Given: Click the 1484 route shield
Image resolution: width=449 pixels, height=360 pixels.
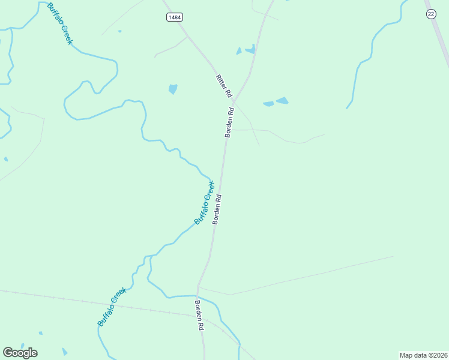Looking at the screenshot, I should [x=174, y=17].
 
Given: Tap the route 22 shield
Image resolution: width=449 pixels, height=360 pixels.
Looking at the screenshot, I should [x=431, y=14].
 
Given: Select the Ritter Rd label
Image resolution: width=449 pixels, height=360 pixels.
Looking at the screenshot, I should [x=223, y=86].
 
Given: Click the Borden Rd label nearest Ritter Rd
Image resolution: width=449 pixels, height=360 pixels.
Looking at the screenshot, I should [x=229, y=122].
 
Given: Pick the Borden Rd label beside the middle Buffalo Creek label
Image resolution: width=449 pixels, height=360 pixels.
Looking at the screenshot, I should [x=218, y=209].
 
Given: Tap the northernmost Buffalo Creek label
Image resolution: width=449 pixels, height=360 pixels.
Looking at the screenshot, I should [x=59, y=23].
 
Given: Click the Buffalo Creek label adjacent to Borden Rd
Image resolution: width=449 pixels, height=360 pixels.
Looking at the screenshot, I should [x=204, y=203].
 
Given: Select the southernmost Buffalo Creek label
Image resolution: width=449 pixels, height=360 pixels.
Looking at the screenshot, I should [x=112, y=307].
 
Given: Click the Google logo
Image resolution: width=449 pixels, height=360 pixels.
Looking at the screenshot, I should [x=20, y=353].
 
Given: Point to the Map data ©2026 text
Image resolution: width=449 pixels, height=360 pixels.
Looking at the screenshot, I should [x=423, y=355].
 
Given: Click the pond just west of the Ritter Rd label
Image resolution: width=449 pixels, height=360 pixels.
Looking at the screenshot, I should [x=173, y=89].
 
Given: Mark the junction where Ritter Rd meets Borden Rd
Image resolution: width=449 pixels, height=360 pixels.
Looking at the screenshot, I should [x=234, y=101].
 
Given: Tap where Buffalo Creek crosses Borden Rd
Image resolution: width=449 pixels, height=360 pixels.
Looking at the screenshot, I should [x=198, y=296].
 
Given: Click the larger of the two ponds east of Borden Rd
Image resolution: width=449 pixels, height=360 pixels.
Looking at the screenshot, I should [x=282, y=100].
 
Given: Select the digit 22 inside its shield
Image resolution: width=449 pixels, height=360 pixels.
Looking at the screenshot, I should [x=431, y=14].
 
